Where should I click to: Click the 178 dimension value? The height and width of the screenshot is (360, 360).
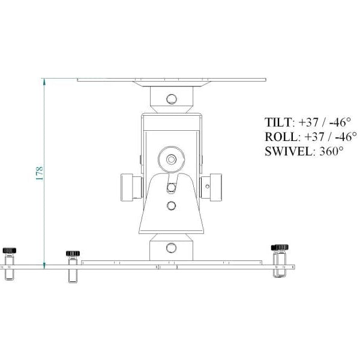click(x=40, y=173)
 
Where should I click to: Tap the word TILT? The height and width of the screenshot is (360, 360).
click(x=278, y=122)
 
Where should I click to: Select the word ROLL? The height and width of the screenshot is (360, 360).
click(x=281, y=137)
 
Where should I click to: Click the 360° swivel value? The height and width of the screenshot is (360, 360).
click(x=331, y=152)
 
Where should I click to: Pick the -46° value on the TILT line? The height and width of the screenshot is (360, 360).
click(x=340, y=122)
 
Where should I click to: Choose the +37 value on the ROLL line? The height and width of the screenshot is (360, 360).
click(x=314, y=137)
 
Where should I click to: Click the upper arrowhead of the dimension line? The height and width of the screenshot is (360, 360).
click(x=44, y=82)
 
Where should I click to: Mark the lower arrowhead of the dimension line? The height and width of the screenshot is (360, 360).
click(x=44, y=266)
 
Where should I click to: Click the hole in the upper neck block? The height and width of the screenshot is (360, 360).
click(x=172, y=99)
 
